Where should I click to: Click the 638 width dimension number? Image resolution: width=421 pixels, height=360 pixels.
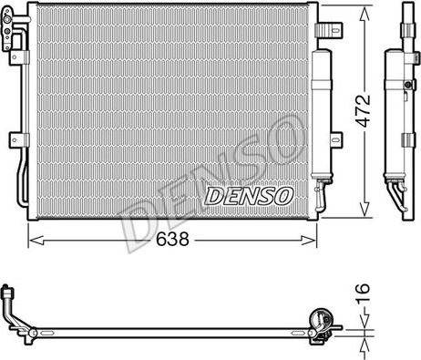(x=172, y=239)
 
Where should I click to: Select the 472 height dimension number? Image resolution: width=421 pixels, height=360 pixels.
(x=364, y=111)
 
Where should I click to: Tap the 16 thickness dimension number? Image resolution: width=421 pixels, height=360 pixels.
(x=363, y=293)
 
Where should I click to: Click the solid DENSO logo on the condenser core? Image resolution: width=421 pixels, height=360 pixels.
(x=249, y=196)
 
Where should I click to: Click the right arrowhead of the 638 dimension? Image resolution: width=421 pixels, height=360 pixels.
(x=309, y=241)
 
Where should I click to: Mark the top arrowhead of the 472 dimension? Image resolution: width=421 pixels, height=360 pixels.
(x=365, y=13)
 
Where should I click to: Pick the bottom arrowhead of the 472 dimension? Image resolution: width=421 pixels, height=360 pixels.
(x=365, y=210)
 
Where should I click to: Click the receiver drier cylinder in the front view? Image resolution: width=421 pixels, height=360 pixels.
(x=322, y=114)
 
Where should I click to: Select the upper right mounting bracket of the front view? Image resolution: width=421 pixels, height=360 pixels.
(x=329, y=29)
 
